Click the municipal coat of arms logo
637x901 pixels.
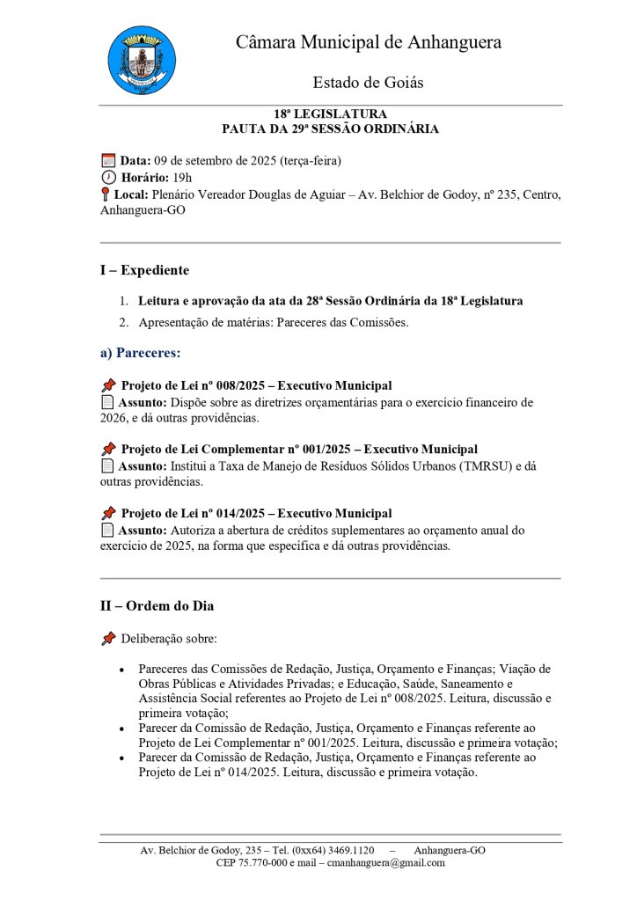point(141,60)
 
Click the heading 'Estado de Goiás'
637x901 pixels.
point(368,83)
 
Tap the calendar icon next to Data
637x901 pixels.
point(108,161)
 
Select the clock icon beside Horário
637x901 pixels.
point(108,177)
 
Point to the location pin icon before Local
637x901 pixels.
point(106,194)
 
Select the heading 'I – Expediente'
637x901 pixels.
point(144,270)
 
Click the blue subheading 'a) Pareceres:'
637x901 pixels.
point(140,353)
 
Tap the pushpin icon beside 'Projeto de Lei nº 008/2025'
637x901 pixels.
point(108,385)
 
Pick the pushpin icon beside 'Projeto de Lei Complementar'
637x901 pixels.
point(108,450)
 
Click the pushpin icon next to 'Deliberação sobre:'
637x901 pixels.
point(108,637)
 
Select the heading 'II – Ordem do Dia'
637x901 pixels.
point(157,605)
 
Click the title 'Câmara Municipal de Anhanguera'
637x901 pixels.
point(368,42)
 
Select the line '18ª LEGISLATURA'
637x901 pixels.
point(330,114)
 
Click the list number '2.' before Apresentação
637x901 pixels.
point(124,322)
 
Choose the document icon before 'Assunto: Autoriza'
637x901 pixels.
point(107,531)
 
